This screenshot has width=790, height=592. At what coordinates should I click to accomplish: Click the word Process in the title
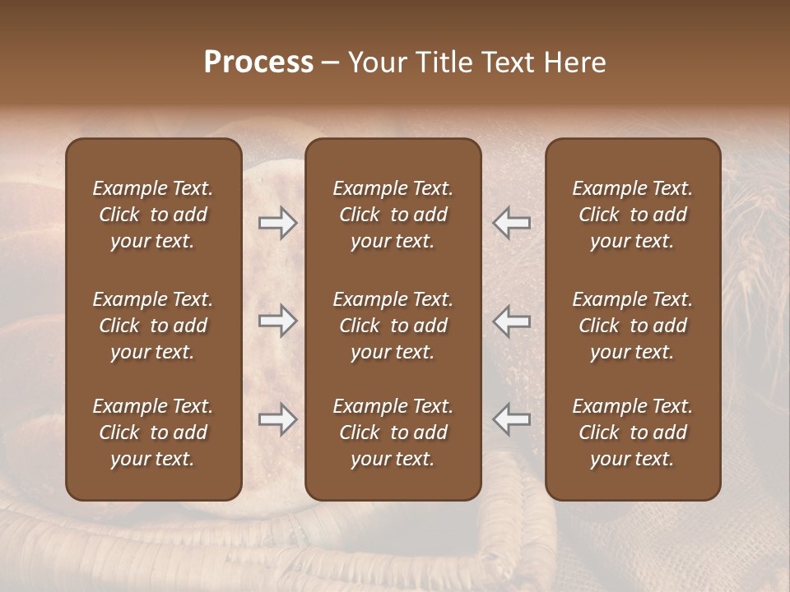coord(258,62)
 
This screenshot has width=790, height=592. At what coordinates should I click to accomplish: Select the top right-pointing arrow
coord(277,223)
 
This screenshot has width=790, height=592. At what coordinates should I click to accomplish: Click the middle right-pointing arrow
coord(277,321)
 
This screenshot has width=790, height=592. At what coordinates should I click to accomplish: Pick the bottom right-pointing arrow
coord(277,419)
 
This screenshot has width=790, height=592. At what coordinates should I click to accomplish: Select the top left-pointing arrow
coord(512,223)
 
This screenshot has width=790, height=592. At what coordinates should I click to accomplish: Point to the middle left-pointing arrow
coord(512,321)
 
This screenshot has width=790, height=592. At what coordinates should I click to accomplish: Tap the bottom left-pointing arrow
coord(512,419)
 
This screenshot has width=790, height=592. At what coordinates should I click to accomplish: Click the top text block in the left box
coord(153,215)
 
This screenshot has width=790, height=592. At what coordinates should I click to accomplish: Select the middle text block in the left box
coord(153,326)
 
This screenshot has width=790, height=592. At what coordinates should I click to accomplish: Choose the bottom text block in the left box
coord(153,432)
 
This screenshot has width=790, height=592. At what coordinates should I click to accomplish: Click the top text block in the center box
coord(393,215)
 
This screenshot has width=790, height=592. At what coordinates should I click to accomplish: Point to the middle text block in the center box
coord(393,326)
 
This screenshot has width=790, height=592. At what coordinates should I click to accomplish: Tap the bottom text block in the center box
coord(393,432)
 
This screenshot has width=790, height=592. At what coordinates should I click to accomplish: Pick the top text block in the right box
coord(633,215)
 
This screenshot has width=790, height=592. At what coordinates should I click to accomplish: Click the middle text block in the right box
coord(633,326)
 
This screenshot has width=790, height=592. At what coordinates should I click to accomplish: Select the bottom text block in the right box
coord(633,432)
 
